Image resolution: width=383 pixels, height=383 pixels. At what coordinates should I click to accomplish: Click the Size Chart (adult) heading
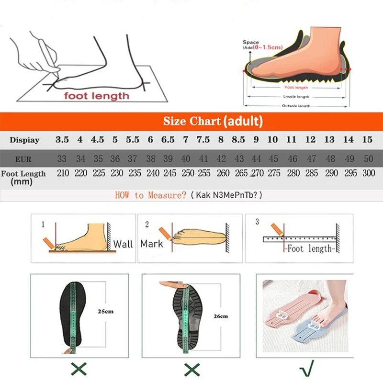pyautogui.click(x=213, y=121)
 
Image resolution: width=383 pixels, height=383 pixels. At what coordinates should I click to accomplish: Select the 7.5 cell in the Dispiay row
pyautogui.click(x=203, y=140)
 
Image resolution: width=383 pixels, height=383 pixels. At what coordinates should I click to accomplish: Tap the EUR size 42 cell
pyautogui.click(x=221, y=158)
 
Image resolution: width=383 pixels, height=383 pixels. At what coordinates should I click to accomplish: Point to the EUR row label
pyautogui.click(x=23, y=158)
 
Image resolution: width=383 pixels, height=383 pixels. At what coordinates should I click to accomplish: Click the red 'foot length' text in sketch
pyautogui.click(x=97, y=96)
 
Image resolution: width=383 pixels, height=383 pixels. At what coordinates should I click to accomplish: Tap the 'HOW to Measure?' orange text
pyautogui.click(x=151, y=195)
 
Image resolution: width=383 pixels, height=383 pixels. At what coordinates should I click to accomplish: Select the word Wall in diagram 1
pyautogui.click(x=123, y=244)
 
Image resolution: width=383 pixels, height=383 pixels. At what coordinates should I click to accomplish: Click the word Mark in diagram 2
pyautogui.click(x=152, y=244)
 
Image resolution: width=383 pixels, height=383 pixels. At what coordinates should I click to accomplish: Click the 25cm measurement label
pyautogui.click(x=106, y=312)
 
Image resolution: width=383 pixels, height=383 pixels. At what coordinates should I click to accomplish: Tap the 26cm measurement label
pyautogui.click(x=221, y=316)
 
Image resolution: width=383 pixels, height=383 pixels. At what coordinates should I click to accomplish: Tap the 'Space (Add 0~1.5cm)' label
pyautogui.click(x=262, y=45)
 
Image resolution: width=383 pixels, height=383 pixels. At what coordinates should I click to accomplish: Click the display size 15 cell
pyautogui.click(x=367, y=140)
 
